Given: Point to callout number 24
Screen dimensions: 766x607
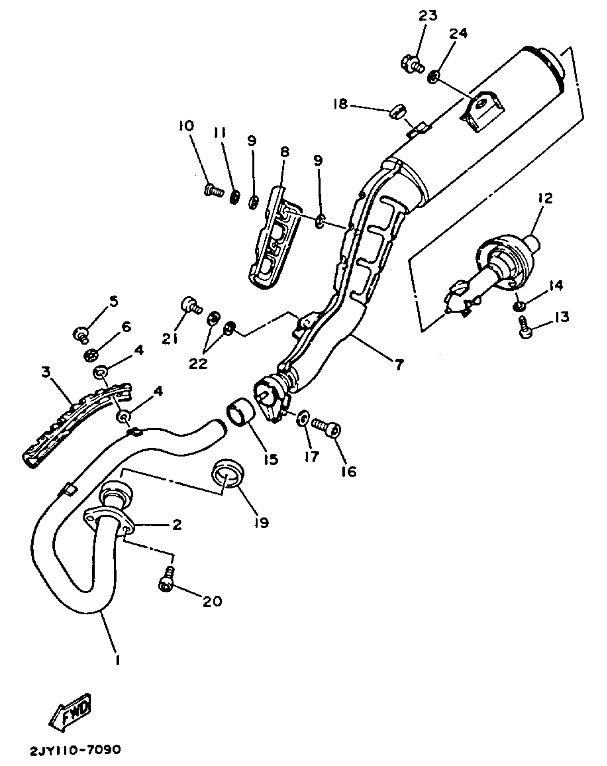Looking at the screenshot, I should tap(458, 34).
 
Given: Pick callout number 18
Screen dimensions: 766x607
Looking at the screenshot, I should tap(340, 104).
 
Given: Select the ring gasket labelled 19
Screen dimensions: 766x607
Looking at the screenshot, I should tap(227, 473).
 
